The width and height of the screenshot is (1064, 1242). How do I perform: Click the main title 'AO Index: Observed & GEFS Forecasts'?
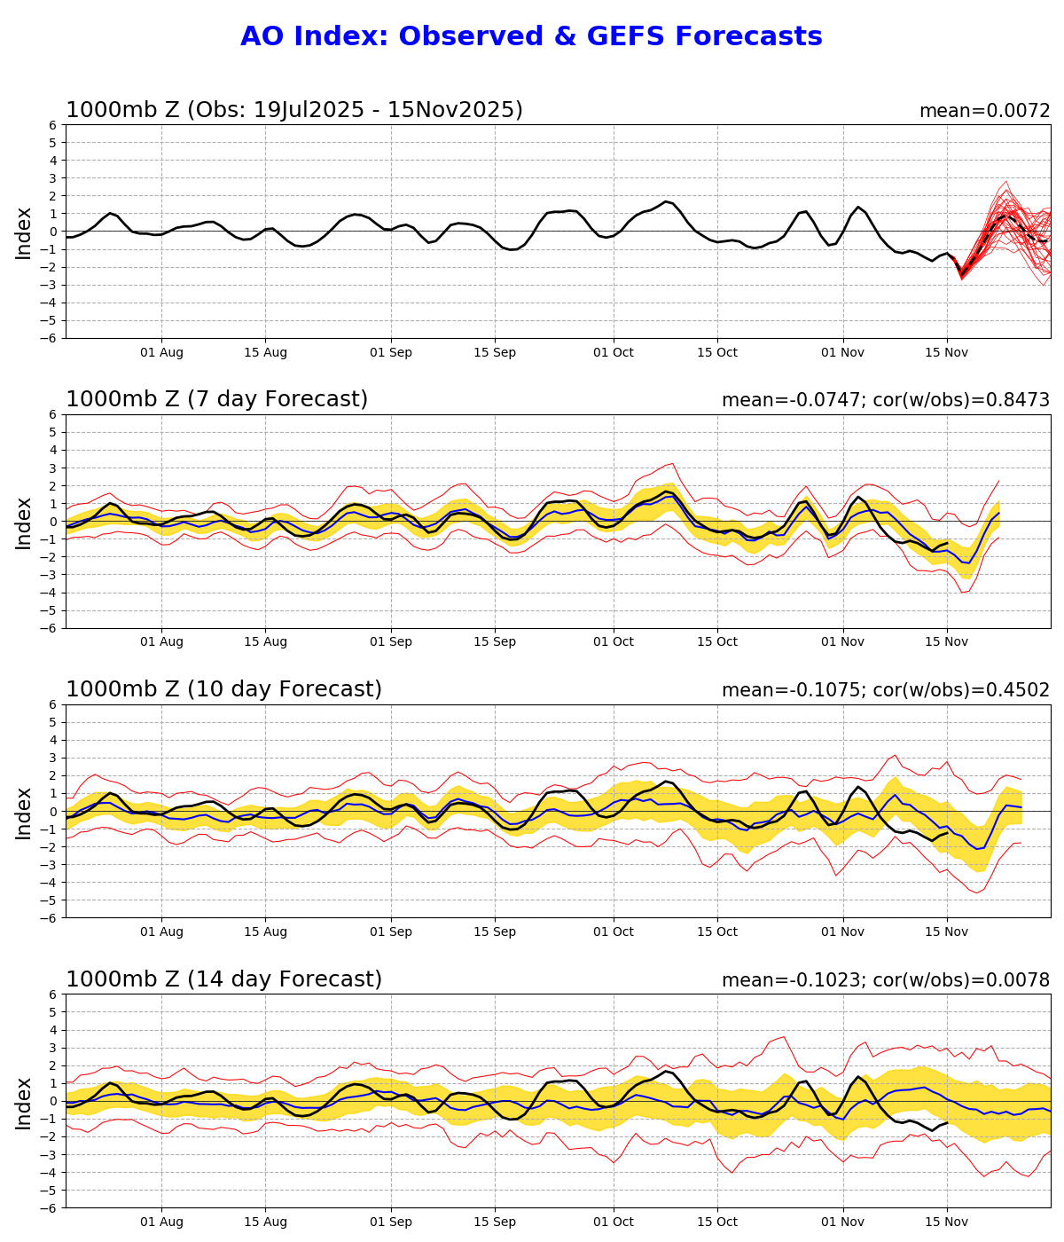531,36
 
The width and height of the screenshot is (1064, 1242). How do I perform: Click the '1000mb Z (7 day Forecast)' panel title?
216,399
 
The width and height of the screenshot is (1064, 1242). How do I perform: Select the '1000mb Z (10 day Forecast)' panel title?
223,689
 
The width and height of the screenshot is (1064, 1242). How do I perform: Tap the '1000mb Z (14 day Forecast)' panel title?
223,979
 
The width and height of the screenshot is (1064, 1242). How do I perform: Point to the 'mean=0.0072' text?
984,111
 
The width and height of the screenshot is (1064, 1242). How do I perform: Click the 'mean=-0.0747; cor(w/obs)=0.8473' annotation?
885,400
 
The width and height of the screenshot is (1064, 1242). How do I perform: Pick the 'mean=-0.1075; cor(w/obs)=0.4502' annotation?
885,690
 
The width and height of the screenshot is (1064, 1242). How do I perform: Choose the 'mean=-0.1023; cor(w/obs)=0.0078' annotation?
885,980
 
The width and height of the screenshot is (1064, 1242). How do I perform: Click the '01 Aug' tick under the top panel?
161,352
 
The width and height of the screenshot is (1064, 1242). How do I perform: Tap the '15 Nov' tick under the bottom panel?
947,1222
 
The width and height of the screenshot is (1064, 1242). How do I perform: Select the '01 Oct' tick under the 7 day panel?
614,642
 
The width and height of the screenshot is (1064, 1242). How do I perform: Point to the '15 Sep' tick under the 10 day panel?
495,932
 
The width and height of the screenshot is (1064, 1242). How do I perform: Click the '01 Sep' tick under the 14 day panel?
391,1222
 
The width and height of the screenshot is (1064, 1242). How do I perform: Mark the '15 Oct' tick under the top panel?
717,352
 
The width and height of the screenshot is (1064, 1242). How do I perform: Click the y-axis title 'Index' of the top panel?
24,232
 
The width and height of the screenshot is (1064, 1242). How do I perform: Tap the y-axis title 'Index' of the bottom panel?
24,1102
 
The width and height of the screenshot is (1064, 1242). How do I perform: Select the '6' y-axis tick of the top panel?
53,125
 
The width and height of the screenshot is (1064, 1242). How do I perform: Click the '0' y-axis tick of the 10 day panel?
53,812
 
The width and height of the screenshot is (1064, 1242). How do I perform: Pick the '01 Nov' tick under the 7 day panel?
842,642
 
